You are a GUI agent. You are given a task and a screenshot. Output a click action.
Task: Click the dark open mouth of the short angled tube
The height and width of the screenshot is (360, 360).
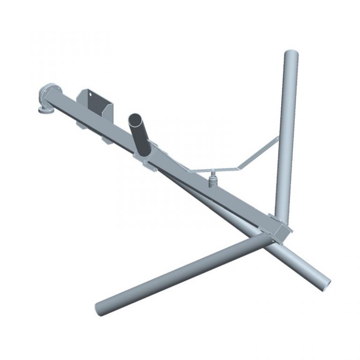(x=137, y=118)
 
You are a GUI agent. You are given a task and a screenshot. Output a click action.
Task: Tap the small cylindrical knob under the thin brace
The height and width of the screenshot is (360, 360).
(x=213, y=178)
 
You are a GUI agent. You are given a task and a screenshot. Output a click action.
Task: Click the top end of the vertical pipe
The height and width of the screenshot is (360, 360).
(x=291, y=53)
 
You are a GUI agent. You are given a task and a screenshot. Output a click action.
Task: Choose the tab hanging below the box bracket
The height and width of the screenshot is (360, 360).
(x=105, y=140)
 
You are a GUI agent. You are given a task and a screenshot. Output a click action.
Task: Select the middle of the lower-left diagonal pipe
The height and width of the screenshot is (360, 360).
(x=183, y=273)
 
